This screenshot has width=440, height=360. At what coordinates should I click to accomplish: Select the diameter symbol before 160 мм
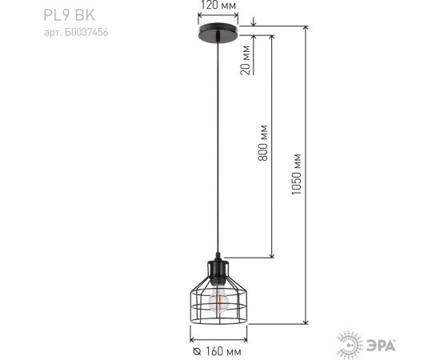click(x=196, y=350)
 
